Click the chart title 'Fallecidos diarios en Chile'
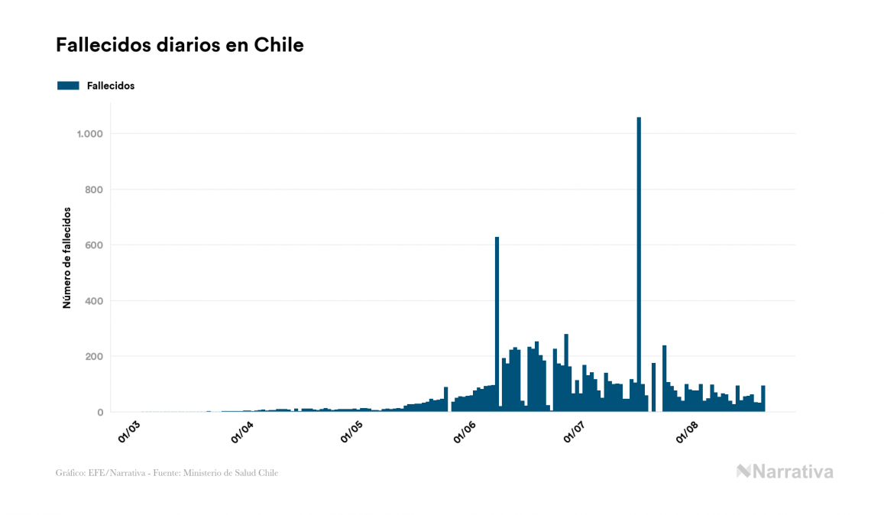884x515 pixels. click(x=180, y=45)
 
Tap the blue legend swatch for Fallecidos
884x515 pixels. click(x=68, y=86)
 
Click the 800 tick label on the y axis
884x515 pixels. click(x=92, y=189)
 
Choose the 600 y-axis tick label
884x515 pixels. click(x=92, y=245)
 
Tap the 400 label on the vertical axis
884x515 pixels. click(x=92, y=301)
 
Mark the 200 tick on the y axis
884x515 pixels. click(x=92, y=357)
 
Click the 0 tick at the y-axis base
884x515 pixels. click(x=99, y=413)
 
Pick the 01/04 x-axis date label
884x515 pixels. click(x=241, y=432)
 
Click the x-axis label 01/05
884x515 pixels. click(x=351, y=432)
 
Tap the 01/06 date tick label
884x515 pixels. click(x=465, y=432)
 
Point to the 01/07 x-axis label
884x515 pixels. click(x=575, y=432)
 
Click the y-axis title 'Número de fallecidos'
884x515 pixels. click(x=66, y=257)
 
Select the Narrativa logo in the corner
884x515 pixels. click(x=785, y=471)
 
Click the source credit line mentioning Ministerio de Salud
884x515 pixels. click(x=167, y=473)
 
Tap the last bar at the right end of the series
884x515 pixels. click(x=763, y=399)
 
